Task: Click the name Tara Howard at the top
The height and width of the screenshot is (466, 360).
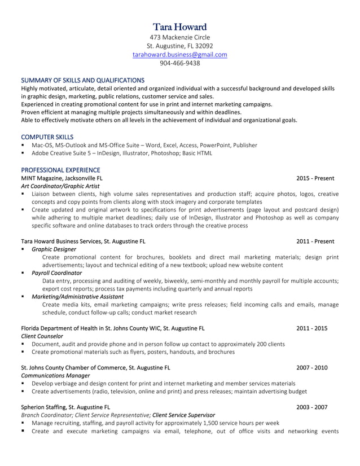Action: coord(180,27)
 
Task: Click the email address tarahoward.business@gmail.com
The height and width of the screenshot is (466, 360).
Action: coord(180,55)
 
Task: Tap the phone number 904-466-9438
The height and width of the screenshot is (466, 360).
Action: coord(180,63)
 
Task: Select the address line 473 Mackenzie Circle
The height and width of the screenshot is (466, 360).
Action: coord(180,37)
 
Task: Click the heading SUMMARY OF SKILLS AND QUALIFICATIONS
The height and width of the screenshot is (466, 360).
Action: coord(82,80)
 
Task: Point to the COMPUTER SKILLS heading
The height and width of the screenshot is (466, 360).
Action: coord(47,137)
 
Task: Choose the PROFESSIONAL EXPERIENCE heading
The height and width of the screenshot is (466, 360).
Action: coord(60,170)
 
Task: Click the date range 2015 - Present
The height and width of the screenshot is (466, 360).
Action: coord(315,178)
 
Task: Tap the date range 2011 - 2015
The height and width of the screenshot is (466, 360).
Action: coord(311,328)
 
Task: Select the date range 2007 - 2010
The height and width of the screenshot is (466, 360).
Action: coord(311,367)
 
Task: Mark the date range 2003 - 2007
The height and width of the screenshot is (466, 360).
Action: coord(311,407)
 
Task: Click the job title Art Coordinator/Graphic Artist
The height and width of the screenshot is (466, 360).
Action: coord(60,186)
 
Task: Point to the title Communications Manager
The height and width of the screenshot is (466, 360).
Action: coord(55,375)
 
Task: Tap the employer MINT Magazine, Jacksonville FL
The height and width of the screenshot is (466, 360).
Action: coord(62,178)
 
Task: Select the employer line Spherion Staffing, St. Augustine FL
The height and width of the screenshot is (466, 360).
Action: coord(65,407)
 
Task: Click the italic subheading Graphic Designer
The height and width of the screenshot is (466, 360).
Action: coord(54,249)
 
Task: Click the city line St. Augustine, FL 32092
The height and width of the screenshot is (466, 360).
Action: coord(180,46)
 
